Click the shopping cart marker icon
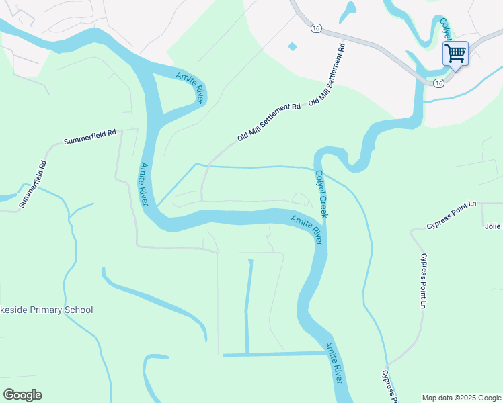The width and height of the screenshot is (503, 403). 455,53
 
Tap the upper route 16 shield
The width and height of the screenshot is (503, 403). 316,28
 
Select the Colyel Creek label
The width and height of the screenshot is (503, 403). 321,193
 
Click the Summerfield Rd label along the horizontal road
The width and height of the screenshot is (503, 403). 90,138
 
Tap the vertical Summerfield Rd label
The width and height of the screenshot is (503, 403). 32,183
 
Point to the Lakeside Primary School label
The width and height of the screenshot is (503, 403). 46,310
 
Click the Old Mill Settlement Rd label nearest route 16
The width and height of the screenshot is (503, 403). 327,75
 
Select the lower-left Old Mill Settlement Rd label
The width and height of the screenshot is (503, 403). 268,122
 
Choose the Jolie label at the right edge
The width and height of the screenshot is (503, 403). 493,226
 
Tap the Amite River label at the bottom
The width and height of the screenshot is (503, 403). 334,363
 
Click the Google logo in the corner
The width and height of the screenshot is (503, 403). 22,395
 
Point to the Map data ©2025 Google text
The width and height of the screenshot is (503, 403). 461,398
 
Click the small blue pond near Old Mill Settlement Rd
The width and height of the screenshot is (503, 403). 292,46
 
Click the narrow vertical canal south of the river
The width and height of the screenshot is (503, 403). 247,306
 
